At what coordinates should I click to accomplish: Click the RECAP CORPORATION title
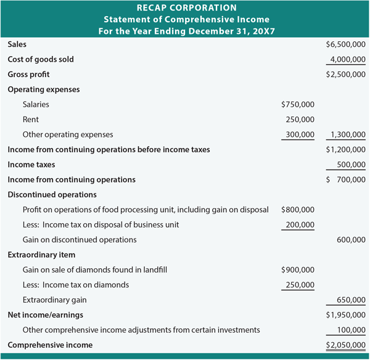184,8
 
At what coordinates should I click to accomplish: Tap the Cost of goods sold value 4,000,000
348,59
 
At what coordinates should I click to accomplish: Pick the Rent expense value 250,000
300,120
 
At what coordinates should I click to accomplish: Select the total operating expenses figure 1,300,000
348,134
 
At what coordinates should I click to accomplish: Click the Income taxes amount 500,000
351,165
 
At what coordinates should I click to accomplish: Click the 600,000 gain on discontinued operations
351,240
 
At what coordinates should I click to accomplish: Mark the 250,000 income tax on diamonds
300,285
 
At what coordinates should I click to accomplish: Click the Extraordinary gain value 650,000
351,300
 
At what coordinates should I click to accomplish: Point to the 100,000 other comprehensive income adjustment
351,330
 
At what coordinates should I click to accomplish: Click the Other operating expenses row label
68,134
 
